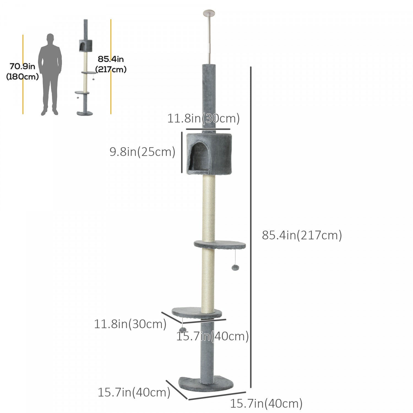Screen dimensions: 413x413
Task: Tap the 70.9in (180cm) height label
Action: (x=23, y=72)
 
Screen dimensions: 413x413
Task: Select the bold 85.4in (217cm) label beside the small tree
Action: (x=111, y=64)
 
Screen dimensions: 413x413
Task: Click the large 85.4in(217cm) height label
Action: (x=302, y=235)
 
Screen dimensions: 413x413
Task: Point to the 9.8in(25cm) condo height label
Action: (x=142, y=152)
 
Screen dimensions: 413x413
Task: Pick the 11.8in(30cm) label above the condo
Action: (x=203, y=118)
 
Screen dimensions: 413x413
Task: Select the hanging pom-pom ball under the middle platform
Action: (x=235, y=267)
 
